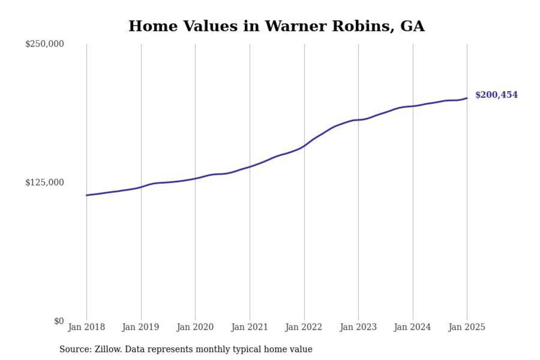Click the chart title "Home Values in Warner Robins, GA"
[x=276, y=26]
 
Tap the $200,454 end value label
[x=496, y=95]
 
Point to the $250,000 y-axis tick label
[x=45, y=44]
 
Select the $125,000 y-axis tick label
[x=45, y=183]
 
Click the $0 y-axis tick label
[x=59, y=321]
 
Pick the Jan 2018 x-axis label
[x=86, y=327]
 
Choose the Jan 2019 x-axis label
[x=141, y=327]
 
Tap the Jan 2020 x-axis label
[x=195, y=327]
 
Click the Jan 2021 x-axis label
[x=249, y=327]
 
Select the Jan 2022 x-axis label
[x=304, y=327]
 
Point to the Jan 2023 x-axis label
[x=358, y=327]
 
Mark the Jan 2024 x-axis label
[x=412, y=327]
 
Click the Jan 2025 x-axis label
[x=467, y=327]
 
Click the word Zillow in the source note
[x=108, y=349]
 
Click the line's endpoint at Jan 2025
[x=467, y=98]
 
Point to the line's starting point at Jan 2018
[x=87, y=195]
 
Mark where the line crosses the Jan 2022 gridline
[x=304, y=146]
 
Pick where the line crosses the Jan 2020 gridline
[x=195, y=178]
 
